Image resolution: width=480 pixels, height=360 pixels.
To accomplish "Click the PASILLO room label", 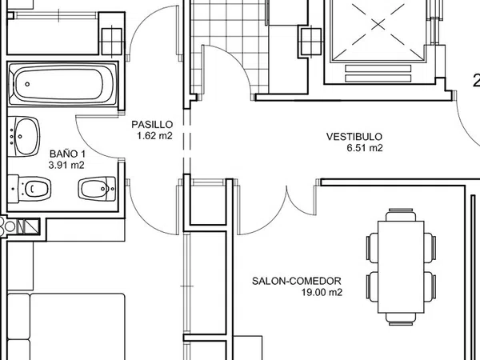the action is [152, 125].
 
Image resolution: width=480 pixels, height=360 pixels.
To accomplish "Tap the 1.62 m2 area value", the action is [155, 136].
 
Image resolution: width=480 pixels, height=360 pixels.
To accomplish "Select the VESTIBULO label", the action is [354, 137].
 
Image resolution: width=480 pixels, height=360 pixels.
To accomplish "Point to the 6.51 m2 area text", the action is [365, 148].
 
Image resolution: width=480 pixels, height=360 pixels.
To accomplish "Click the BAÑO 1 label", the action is [68, 154].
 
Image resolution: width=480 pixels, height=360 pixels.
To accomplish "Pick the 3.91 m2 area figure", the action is [66, 165].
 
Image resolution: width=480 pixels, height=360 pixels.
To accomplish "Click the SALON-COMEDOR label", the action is [296, 281].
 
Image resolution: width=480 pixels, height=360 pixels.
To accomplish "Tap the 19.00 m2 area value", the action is [322, 292].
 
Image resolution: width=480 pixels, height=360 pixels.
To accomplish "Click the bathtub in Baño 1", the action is [62, 83].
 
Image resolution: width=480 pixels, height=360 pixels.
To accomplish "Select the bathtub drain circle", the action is [27, 84].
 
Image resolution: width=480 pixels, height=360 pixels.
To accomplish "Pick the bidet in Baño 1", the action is [97, 188].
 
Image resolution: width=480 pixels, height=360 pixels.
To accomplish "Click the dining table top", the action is [401, 267].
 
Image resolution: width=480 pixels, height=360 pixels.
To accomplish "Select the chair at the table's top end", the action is [401, 214].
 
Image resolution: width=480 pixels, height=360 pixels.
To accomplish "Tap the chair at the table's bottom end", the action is [401, 319].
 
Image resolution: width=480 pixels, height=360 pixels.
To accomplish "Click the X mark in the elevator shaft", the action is [378, 25].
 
